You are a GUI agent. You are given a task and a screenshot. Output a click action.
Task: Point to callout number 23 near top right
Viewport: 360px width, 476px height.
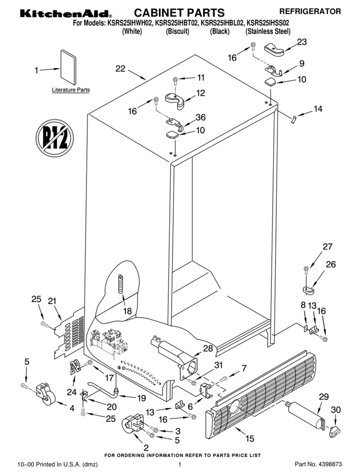(302, 42)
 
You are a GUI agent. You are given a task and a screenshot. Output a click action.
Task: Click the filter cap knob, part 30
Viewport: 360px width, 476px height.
(334, 431)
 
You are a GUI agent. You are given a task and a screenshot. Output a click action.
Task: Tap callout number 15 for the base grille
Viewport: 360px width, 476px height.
(250, 439)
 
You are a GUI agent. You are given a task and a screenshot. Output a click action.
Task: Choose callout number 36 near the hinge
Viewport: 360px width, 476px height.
(201, 118)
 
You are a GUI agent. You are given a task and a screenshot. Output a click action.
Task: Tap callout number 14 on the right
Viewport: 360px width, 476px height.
(318, 108)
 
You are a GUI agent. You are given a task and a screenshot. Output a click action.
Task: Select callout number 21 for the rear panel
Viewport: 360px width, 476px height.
(53, 301)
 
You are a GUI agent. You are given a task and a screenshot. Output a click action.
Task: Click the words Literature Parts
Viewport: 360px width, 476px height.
(71, 90)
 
